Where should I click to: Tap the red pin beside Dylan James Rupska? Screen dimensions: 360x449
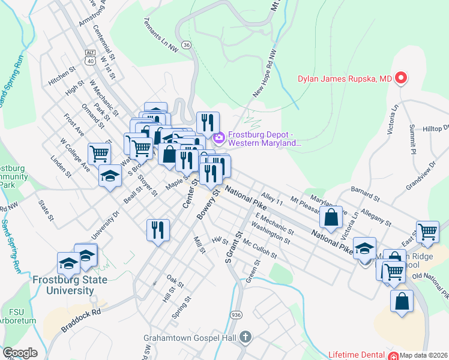pyautogui.click(x=400, y=78)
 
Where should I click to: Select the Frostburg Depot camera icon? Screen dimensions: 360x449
pyautogui.click(x=218, y=138)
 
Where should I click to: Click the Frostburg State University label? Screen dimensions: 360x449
pyautogui.click(x=70, y=285)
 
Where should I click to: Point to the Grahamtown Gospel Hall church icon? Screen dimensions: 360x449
pyautogui.click(x=245, y=337)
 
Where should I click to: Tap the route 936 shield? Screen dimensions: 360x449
pyautogui.click(x=237, y=314)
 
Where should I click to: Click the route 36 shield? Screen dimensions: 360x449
pyautogui.click(x=187, y=44)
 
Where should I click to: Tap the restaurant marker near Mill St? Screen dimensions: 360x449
pyautogui.click(x=158, y=230)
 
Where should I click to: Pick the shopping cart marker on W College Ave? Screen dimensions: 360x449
pyautogui.click(x=99, y=154)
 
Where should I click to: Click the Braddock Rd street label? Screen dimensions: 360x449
pyautogui.click(x=80, y=321)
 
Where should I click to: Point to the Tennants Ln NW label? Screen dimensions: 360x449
pyautogui.click(x=161, y=33)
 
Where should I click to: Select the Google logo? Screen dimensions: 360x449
pyautogui.click(x=20, y=353)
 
